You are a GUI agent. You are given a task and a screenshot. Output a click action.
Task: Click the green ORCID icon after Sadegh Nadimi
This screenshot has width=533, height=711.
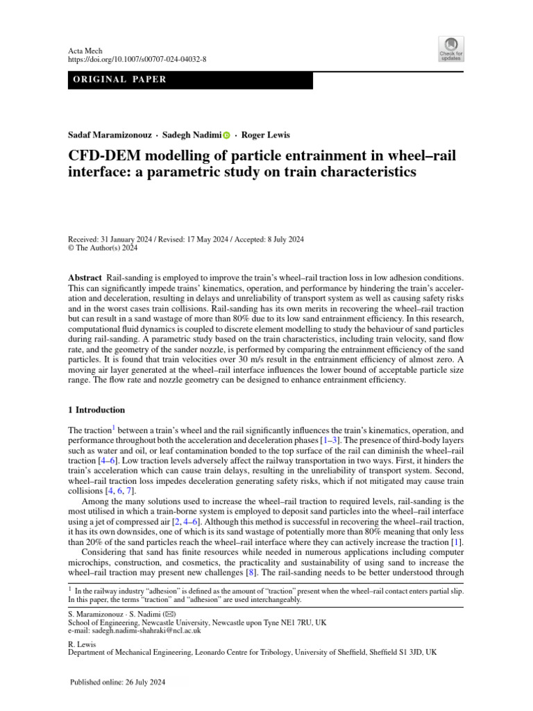pyautogui.click(x=226, y=135)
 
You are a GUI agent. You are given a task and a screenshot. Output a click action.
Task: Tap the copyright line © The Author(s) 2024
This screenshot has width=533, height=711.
pyautogui.click(x=108, y=248)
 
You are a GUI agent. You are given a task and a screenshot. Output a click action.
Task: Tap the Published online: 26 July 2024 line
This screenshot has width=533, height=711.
pyautogui.click(x=119, y=683)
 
